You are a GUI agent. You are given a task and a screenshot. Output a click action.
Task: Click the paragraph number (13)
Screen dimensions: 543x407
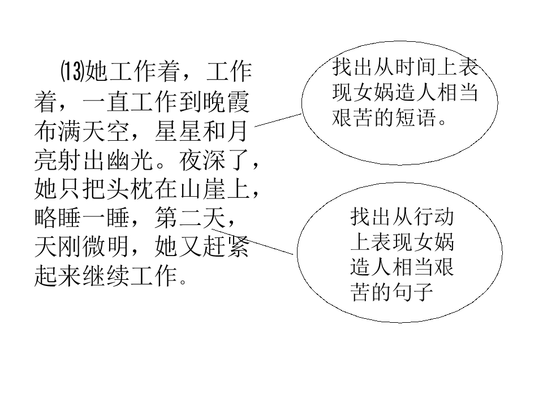click(x=73, y=72)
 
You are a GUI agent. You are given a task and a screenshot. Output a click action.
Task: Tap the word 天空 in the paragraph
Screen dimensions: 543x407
click(x=106, y=131)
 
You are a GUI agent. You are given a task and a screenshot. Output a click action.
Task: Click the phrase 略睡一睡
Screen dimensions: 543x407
click(x=82, y=218)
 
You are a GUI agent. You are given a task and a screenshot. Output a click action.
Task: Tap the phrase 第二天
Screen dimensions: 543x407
click(x=190, y=218)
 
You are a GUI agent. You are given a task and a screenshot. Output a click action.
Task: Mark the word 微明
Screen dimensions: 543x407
click(x=106, y=247)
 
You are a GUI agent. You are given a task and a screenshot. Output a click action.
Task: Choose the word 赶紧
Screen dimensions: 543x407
click(x=226, y=247)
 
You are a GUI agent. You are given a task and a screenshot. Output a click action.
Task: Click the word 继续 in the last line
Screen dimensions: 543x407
click(x=106, y=276)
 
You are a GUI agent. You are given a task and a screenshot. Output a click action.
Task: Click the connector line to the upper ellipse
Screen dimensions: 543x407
click(x=278, y=120)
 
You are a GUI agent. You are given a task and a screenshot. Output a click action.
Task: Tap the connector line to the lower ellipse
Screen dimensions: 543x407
click(x=252, y=241)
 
